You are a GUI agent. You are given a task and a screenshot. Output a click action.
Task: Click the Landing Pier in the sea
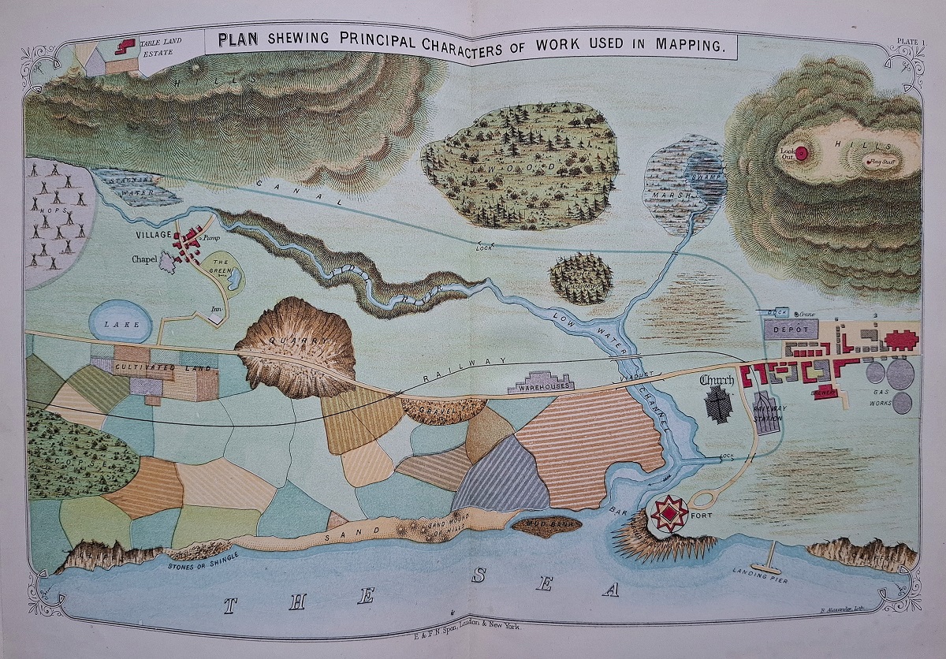click(765, 565)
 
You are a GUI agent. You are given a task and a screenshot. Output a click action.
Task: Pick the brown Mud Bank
click(546, 524)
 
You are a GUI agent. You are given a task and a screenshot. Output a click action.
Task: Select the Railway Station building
click(764, 411)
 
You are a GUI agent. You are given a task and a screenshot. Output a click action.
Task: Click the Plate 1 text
click(911, 42)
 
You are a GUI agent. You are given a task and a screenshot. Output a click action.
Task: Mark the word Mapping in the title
click(690, 44)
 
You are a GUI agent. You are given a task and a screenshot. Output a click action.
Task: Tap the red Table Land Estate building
click(125, 46)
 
